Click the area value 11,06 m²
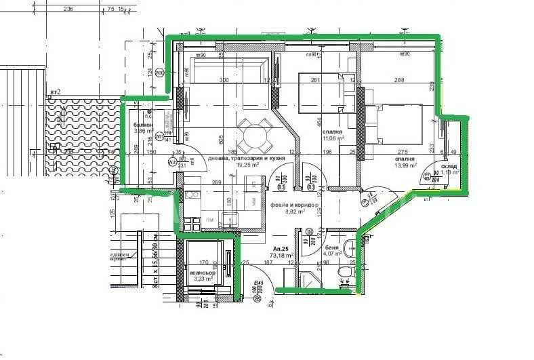[x=332, y=138]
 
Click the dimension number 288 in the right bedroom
[x=399, y=80]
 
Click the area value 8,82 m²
[x=295, y=211]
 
